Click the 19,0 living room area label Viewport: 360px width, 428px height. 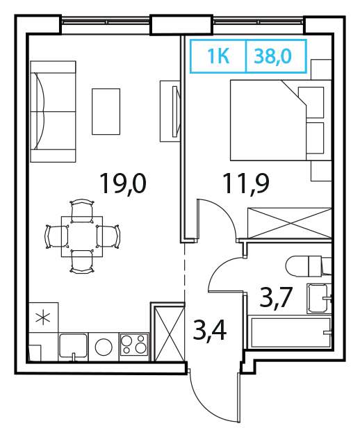[123, 183]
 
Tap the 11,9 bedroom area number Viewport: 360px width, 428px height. [246, 184]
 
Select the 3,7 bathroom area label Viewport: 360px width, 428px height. [276, 297]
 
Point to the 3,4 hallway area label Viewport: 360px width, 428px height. [209, 330]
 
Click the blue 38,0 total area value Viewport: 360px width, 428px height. [272, 56]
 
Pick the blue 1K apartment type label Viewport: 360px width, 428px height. [218, 56]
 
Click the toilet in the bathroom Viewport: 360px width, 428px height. [309, 266]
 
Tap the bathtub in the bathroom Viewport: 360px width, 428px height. [291, 332]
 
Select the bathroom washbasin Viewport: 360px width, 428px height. [319, 298]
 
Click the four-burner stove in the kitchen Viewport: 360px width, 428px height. [134, 344]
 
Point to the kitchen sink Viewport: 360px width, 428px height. [73, 345]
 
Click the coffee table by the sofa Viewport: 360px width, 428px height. [106, 111]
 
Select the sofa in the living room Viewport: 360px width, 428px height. [53, 111]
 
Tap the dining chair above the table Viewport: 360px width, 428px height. [82, 210]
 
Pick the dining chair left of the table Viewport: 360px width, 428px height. [56, 236]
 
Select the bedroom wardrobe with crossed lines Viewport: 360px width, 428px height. [289, 223]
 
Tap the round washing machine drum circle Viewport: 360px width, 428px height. [104, 347]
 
